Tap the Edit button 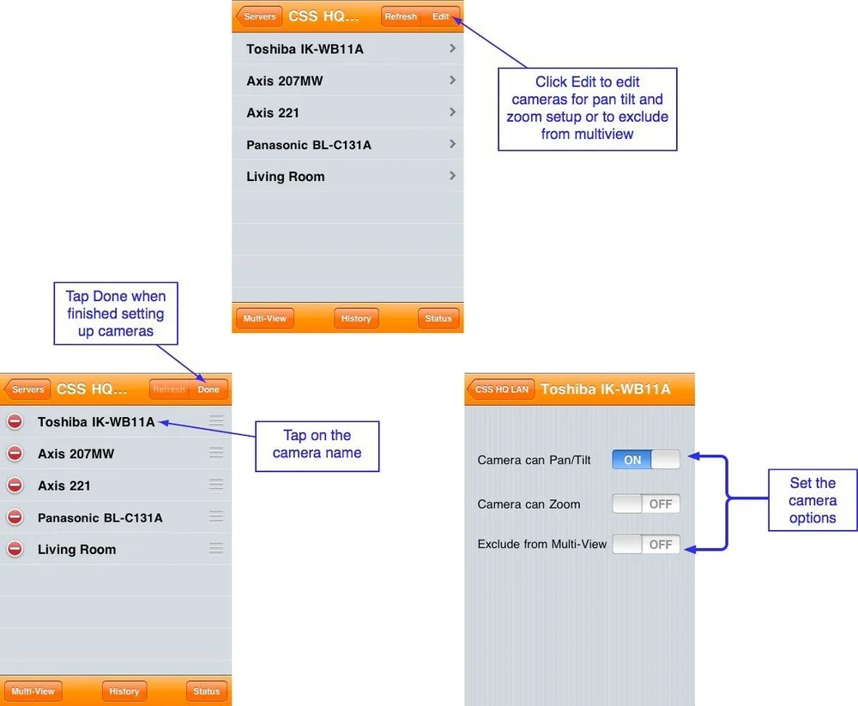point(441,16)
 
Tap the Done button point(208,389)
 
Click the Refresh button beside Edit point(401,16)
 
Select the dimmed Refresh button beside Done point(169,389)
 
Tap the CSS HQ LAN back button point(501,389)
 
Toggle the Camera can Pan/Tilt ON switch point(646,460)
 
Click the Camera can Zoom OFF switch point(646,504)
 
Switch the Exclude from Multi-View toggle point(646,544)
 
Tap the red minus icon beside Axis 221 point(15,486)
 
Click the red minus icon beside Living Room point(15,549)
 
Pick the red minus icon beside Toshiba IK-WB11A point(15,421)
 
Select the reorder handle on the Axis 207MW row point(216,453)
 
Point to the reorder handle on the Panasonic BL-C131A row point(216,517)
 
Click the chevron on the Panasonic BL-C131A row point(452,144)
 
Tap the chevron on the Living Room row point(452,176)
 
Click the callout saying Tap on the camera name point(317,444)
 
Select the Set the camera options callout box point(813,500)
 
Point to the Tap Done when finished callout point(116,313)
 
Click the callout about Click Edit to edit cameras point(587,108)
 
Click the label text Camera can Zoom point(529,504)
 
